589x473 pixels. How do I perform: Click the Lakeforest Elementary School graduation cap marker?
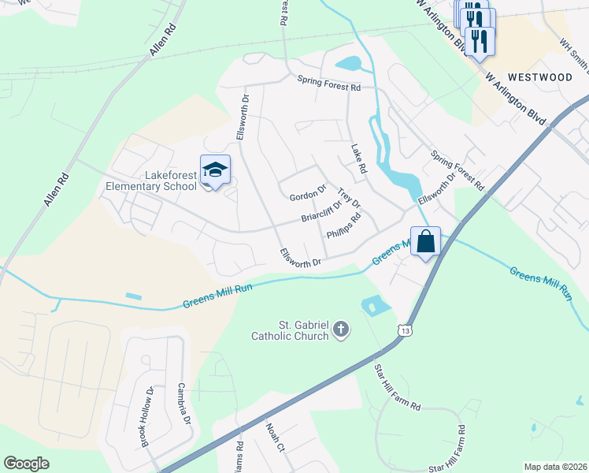(214, 169)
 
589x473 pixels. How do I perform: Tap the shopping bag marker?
(425, 241)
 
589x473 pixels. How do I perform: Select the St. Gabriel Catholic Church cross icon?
(341, 329)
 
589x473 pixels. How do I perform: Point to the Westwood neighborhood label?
(540, 77)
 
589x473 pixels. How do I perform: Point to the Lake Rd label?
(359, 159)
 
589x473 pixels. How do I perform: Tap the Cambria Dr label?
(184, 404)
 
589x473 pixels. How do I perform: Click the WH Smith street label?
(573, 53)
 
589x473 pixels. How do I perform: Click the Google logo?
(26, 464)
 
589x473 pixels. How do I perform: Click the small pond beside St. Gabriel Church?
(372, 304)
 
